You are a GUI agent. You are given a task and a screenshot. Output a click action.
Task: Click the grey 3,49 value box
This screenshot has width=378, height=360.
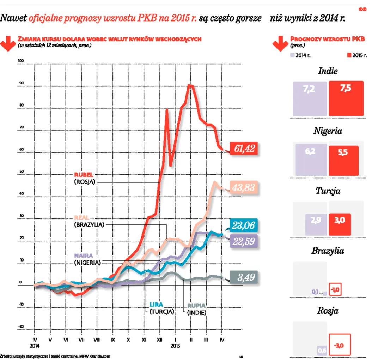[x=244, y=277]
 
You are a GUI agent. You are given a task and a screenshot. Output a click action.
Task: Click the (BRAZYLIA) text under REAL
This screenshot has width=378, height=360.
[x=89, y=224]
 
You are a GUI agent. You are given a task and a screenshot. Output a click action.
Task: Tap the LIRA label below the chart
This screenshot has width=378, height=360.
[x=157, y=305]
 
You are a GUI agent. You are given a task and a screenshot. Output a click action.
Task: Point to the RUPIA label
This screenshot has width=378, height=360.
[x=196, y=305]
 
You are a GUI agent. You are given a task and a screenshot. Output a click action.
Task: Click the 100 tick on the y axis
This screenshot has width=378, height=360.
[x=20, y=61]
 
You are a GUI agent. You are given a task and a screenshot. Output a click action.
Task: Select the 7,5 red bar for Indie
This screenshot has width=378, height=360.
[x=346, y=98]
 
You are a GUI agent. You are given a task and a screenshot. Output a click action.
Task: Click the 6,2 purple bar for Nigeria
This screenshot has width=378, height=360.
[x=312, y=160]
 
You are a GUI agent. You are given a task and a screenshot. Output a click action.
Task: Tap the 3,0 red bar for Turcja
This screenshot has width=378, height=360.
[x=340, y=224]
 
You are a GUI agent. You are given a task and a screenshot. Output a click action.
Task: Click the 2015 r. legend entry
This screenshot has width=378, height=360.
[x=357, y=55]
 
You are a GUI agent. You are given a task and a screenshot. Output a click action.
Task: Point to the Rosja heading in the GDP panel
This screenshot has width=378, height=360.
[x=328, y=311]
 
